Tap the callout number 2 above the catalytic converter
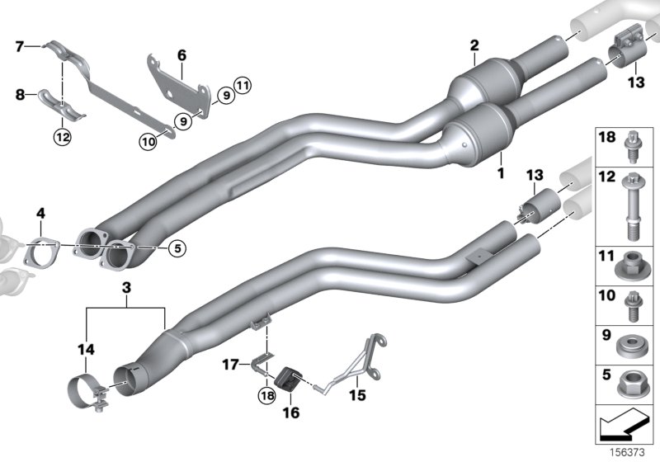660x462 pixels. click(474, 45)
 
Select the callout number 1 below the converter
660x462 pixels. click(499, 175)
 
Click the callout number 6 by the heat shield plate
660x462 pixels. click(181, 55)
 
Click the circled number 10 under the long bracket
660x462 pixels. click(147, 142)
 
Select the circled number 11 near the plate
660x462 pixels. click(241, 83)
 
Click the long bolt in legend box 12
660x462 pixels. click(627, 207)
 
